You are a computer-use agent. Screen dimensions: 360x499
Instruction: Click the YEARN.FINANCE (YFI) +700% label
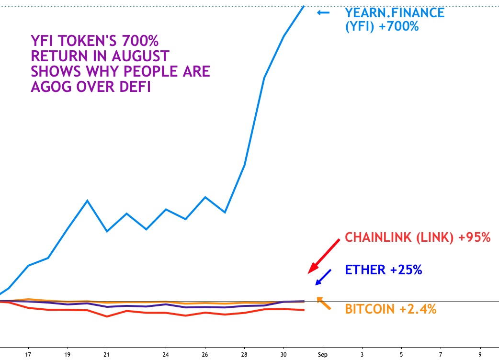(395, 19)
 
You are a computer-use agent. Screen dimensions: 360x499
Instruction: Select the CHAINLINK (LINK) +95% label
(418, 237)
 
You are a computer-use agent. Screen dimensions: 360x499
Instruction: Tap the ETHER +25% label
(383, 270)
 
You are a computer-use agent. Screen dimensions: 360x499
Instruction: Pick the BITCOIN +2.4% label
(390, 309)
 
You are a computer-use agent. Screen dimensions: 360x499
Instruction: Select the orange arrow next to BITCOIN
(324, 304)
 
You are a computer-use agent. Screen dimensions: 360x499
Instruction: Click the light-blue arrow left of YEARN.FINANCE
(323, 12)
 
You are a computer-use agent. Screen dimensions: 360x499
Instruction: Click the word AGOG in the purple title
(51, 87)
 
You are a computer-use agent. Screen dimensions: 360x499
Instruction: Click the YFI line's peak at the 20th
(87, 200)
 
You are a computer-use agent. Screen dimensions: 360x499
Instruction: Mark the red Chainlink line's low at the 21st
(107, 316)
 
